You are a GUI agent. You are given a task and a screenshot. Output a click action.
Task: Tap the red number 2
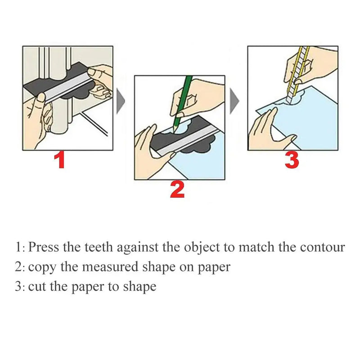[177, 190]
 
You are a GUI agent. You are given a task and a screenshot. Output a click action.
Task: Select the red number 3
[292, 160]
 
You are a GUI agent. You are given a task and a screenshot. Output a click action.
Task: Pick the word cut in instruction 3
[35, 287]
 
